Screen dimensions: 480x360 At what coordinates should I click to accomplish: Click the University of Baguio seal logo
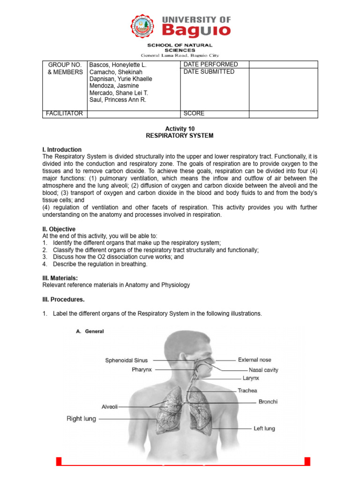coord(143,27)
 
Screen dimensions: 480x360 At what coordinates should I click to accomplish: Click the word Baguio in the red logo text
coord(196,30)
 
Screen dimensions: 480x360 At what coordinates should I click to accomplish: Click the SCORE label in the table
coord(194,113)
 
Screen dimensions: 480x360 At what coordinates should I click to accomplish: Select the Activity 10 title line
coord(180,128)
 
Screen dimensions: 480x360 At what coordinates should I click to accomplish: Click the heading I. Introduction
coord(62,150)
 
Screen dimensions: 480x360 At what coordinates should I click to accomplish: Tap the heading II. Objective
coord(59,229)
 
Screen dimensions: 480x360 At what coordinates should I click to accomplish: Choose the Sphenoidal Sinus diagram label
coord(126,360)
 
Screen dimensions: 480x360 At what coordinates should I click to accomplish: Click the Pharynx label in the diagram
coord(142,369)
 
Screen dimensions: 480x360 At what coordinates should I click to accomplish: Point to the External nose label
coord(255,360)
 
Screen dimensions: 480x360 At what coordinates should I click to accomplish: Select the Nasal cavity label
coord(263,370)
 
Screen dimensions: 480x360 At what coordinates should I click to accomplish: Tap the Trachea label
coord(247,390)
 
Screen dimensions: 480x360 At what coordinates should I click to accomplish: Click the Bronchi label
coord(268,402)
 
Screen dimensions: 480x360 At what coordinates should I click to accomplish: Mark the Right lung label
coord(81,419)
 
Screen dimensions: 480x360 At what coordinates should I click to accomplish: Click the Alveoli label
coord(110,407)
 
